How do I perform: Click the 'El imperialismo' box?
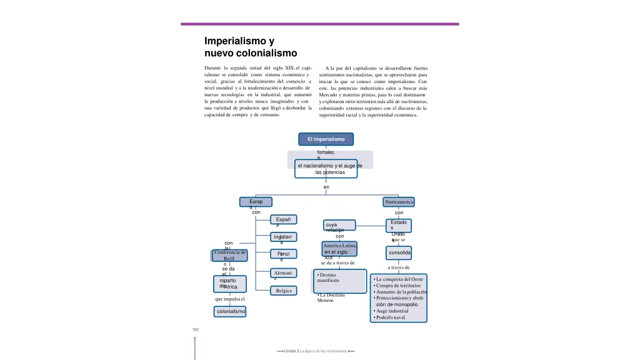(x=326, y=139)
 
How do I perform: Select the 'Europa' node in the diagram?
(x=256, y=202)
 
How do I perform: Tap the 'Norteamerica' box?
(x=399, y=202)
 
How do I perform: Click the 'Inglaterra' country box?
(x=284, y=237)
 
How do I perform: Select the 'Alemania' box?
(x=284, y=273)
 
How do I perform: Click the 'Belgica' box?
(x=284, y=291)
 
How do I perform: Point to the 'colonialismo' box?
(x=230, y=311)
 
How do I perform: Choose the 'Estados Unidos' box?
(x=399, y=226)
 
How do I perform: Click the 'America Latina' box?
(x=340, y=249)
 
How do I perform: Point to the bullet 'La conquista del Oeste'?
(x=400, y=279)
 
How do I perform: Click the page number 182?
(x=195, y=330)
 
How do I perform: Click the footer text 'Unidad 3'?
(x=291, y=351)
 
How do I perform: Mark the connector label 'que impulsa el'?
(x=229, y=299)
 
